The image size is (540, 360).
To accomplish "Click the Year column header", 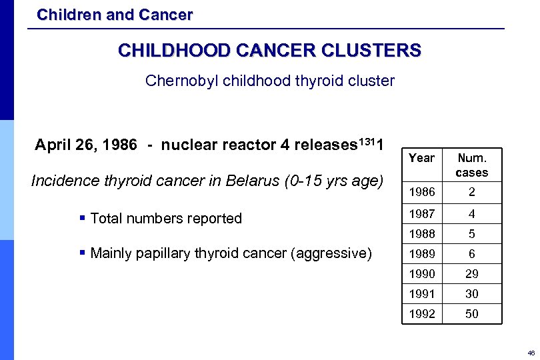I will point(421,158).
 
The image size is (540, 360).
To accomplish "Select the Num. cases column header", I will point(471,165).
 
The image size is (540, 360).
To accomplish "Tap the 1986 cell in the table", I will point(421,193).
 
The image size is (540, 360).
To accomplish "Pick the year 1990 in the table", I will point(421,274).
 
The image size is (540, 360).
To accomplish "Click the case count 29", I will point(471,274).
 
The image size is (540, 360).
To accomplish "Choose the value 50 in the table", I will point(471,314).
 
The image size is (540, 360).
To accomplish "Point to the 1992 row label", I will point(421,314).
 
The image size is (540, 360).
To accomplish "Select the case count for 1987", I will point(471,215).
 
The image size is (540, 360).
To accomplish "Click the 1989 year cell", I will point(421,254).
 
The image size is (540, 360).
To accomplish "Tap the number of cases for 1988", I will point(471,235).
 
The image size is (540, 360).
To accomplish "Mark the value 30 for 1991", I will point(471,294).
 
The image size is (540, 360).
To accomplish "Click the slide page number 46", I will point(531,353).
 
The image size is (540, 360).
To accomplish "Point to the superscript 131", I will point(367,139).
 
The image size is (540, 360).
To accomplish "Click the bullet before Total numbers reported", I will point(81,219).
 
